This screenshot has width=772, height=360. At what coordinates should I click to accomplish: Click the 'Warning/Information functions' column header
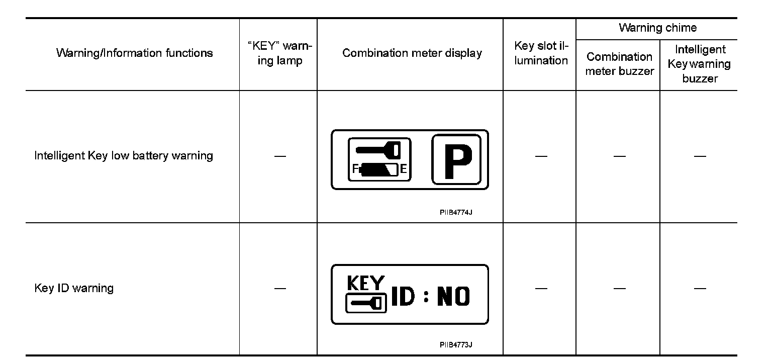pos(134,53)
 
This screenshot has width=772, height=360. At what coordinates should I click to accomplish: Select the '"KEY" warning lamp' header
pos(280,53)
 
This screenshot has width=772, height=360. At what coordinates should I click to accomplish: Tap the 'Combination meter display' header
pos(412,53)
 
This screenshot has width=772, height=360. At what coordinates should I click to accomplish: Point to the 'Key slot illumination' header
pos(541,53)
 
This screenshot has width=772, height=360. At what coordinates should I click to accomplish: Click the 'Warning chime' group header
pos(657,28)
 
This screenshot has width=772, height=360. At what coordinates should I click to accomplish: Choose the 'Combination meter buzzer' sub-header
pos(619,64)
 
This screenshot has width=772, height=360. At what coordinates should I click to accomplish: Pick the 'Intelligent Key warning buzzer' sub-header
pos(700,64)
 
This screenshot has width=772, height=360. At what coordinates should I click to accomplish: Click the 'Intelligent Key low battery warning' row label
pos(124,156)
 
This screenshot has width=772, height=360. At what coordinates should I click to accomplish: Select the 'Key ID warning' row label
pos(74,289)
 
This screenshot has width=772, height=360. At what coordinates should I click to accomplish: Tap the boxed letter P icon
pos(456,159)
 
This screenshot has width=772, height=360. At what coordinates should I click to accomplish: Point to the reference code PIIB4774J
pos(456,212)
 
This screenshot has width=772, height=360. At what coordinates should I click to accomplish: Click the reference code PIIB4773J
pos(456,345)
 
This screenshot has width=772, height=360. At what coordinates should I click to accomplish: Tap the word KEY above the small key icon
pos(366,284)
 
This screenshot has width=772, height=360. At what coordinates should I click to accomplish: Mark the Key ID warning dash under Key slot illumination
pos(541,289)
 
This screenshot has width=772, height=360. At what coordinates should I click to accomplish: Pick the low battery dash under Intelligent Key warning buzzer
pos(700,156)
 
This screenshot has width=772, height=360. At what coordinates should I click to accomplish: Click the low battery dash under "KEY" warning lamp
pos(280,156)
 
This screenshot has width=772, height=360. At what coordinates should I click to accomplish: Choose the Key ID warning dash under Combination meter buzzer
pos(619,289)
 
